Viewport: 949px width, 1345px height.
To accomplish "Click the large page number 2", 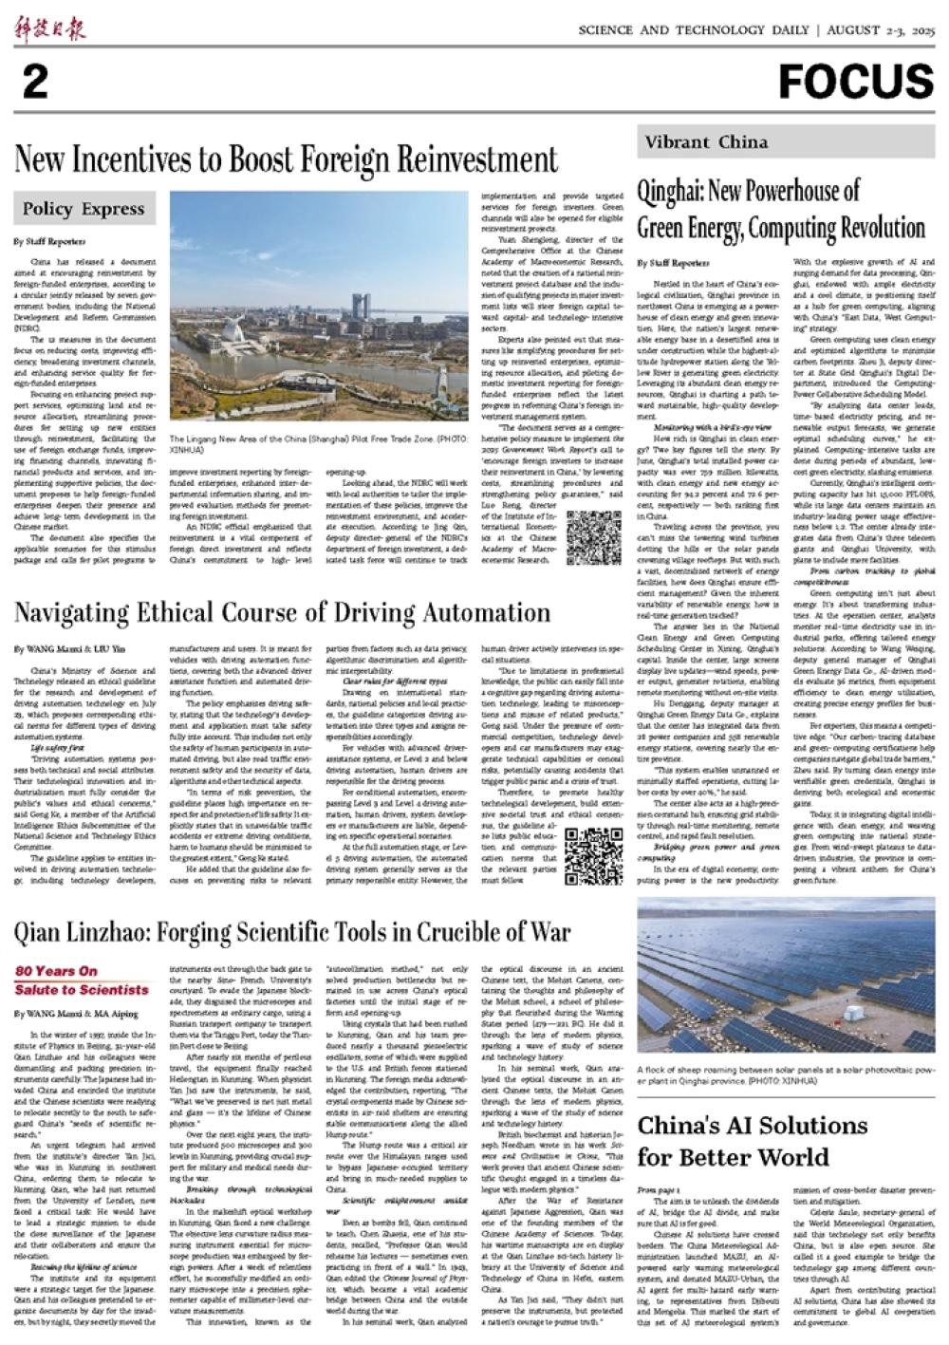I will pyautogui.click(x=35, y=84).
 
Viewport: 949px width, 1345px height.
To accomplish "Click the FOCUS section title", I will pyautogui.click(x=856, y=82).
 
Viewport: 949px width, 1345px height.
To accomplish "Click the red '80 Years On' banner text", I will pyautogui.click(x=56, y=971).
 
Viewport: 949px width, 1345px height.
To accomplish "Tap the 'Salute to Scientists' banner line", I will pyautogui.click(x=82, y=989).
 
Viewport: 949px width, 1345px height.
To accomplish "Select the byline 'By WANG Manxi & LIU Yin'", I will pyautogui.click(x=67, y=649).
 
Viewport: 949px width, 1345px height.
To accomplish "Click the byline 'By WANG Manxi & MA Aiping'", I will pyautogui.click(x=76, y=1014).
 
